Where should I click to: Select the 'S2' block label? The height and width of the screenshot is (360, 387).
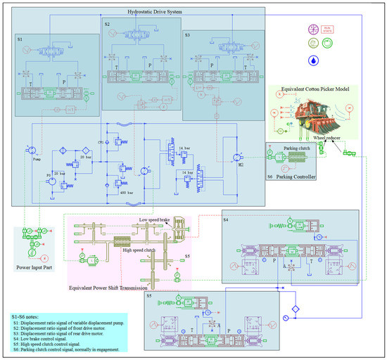[108, 25]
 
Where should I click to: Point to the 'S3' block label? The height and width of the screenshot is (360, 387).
[186, 34]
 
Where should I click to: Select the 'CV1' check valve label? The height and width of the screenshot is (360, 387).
[101, 143]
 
